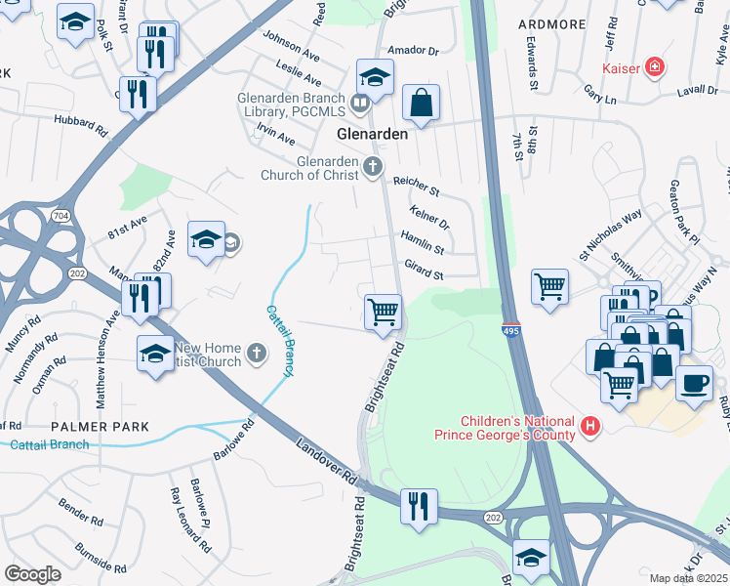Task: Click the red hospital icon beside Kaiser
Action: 656,67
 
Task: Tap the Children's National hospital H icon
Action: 588,426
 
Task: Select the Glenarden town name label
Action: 371,134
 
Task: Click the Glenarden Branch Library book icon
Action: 360,102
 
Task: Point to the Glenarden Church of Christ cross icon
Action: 372,168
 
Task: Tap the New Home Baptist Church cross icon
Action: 256,354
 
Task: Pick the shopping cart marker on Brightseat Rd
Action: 383,312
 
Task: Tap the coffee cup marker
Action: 693,382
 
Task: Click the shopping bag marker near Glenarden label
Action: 421,102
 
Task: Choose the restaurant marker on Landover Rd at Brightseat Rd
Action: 419,506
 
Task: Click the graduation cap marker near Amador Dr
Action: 374,76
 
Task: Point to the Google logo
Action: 32,573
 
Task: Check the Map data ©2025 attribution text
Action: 688,578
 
